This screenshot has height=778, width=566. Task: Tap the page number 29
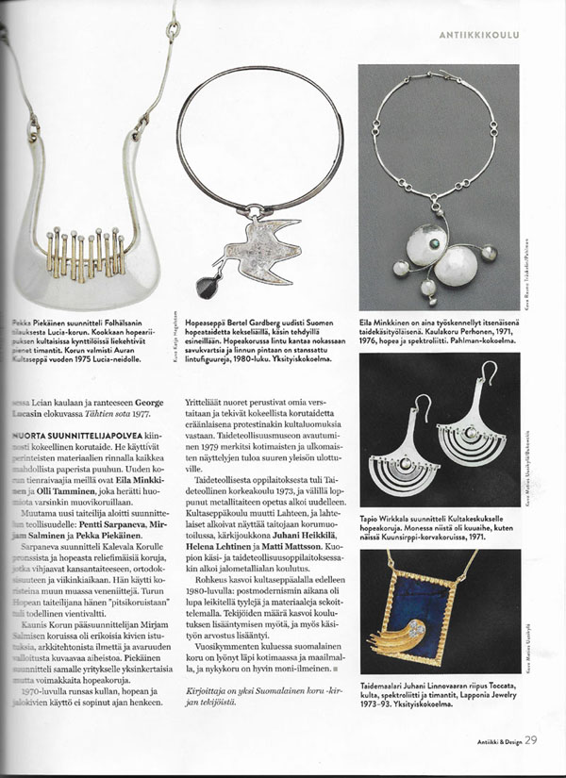[x=532, y=739]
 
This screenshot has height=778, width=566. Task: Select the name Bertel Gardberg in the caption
[x=250, y=322]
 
